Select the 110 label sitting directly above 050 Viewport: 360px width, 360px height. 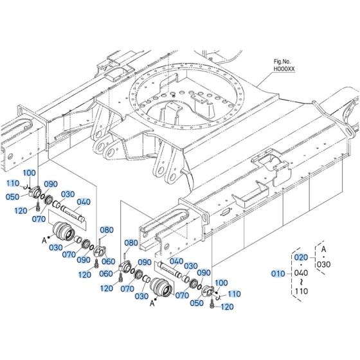(x=13, y=183)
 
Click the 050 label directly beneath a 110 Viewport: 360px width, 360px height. (x=13, y=196)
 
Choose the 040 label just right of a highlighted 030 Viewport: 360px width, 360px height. (x=83, y=202)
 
